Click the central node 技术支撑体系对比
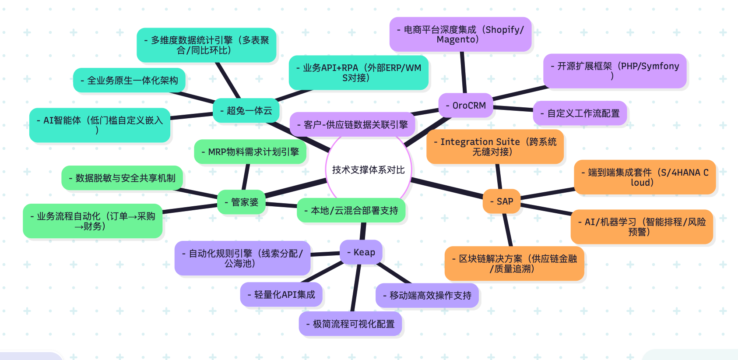tap(368, 170)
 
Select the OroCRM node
tap(466, 106)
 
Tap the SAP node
tap(502, 201)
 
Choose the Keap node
tap(361, 252)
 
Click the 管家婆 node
tap(242, 202)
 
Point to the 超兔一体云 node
tap(246, 111)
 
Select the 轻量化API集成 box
tap(281, 295)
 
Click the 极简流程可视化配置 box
tap(351, 324)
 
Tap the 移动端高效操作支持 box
tap(427, 296)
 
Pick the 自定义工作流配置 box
tap(580, 113)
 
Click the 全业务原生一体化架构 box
tap(130, 81)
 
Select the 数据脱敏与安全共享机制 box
tap(122, 178)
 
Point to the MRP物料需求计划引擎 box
tap(250, 152)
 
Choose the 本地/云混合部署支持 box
tap(351, 211)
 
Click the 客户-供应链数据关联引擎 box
tap(353, 125)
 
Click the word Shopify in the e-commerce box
tap(503, 30)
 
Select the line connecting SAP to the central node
tap(446, 188)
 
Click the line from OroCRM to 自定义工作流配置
tap(513, 108)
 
